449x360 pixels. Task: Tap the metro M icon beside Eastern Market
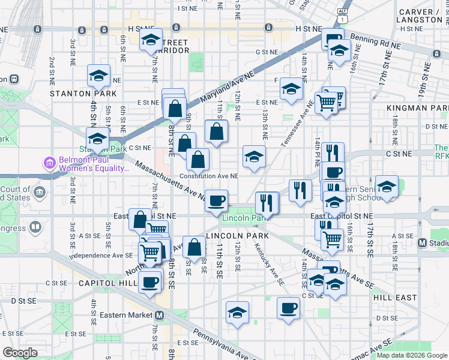160,315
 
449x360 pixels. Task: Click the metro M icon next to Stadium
422,243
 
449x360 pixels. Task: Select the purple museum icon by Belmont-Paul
49,163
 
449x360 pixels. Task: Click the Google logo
20,352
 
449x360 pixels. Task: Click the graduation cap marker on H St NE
151,41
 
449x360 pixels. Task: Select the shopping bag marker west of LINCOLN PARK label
195,247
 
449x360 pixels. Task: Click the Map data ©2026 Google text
411,355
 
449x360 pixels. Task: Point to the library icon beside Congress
34,227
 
